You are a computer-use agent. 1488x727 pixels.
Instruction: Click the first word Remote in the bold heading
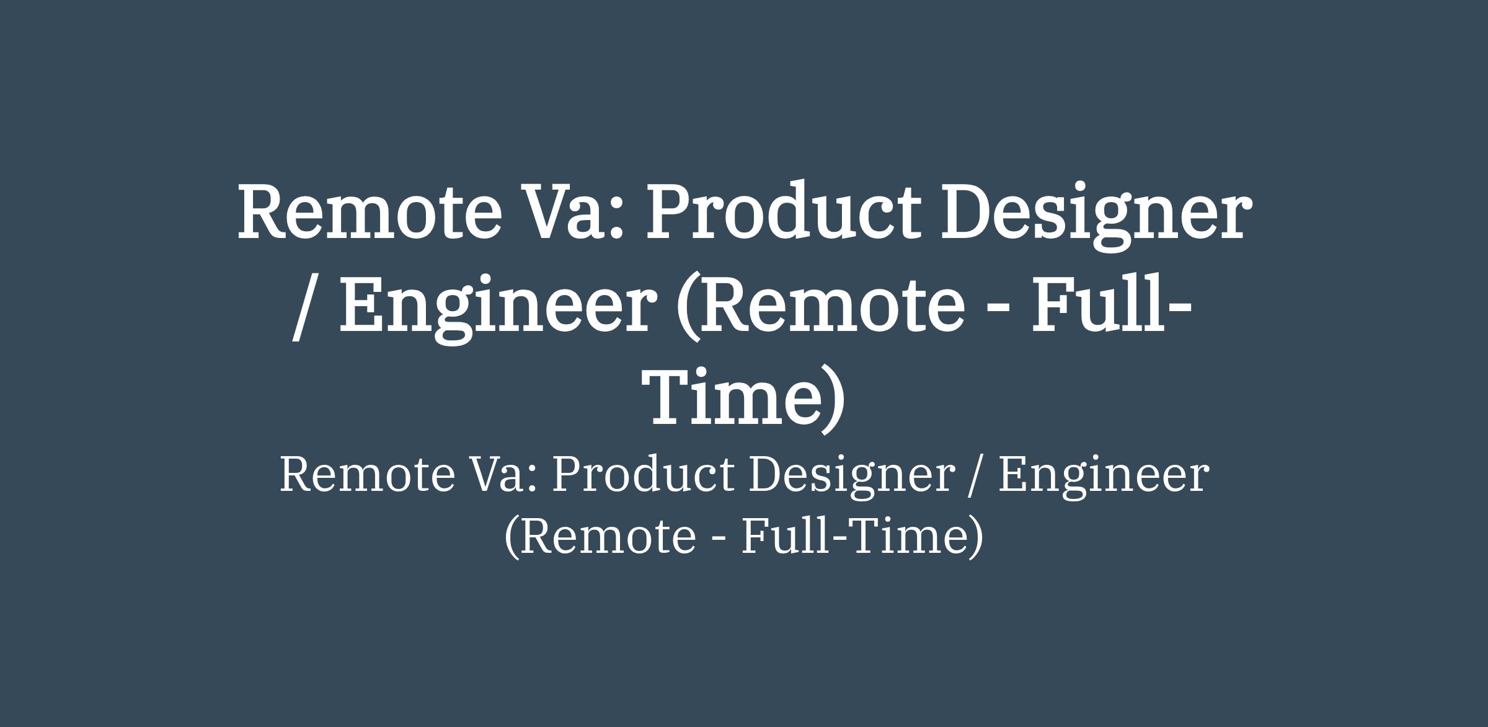point(369,210)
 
